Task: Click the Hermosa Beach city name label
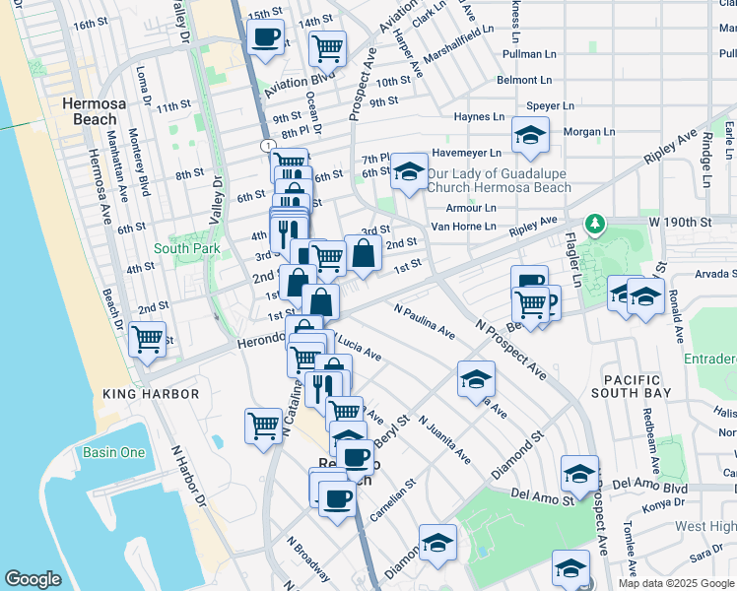coord(89,110)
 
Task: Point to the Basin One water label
coord(113,453)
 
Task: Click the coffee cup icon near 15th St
coord(264,38)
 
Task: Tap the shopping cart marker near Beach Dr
coord(147,339)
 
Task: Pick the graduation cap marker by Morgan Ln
coord(530,137)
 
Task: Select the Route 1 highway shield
coord(268,145)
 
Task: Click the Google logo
coord(33,579)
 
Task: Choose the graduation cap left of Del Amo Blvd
coord(579,474)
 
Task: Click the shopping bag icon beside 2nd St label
coord(364,252)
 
